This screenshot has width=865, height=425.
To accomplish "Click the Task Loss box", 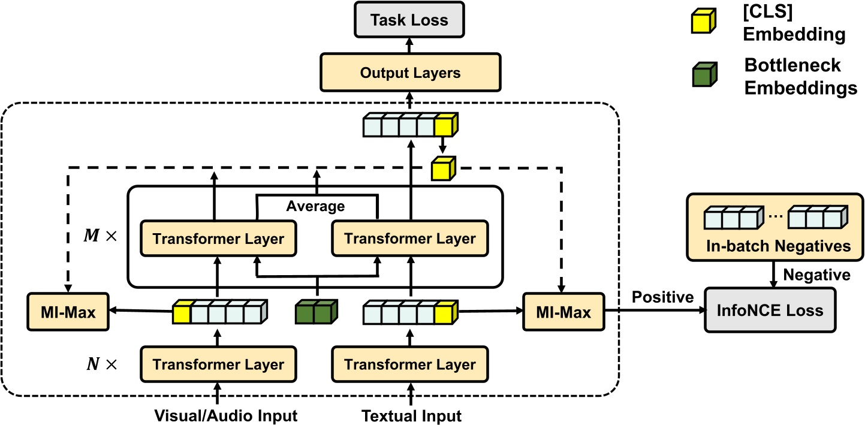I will click(409, 20).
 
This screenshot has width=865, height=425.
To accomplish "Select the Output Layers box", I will click(410, 73).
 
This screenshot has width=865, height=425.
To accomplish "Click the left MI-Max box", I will click(68, 312).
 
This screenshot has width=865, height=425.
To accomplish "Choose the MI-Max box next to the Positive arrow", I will click(562, 312).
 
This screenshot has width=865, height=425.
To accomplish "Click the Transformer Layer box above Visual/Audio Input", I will click(218, 364).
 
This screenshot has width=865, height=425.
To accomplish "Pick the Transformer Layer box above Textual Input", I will click(410, 364).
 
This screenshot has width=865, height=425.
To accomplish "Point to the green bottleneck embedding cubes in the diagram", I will click(317, 312).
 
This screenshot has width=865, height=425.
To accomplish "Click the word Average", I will click(315, 207).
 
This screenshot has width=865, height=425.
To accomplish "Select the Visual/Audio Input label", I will click(225, 415).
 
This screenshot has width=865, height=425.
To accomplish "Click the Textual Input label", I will click(412, 415).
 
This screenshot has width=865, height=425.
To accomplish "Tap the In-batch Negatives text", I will click(777, 246).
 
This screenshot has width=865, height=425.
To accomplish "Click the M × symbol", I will click(101, 236).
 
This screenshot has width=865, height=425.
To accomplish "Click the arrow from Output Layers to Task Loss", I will click(409, 44).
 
